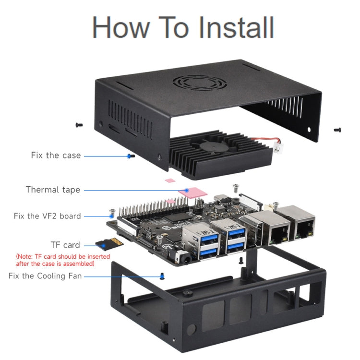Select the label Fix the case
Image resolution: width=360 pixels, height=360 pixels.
click(x=56, y=156)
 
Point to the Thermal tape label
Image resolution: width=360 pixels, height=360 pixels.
click(x=53, y=190)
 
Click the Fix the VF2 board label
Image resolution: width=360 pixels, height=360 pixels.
click(x=47, y=216)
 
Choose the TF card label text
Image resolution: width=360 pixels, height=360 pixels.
click(x=65, y=245)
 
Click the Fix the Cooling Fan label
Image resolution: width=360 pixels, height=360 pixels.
click(x=45, y=276)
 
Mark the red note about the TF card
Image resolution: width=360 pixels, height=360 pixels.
click(x=63, y=260)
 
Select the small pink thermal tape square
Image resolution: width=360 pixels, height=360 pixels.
click(x=169, y=181)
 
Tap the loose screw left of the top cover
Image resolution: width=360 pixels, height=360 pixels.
click(x=79, y=125)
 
